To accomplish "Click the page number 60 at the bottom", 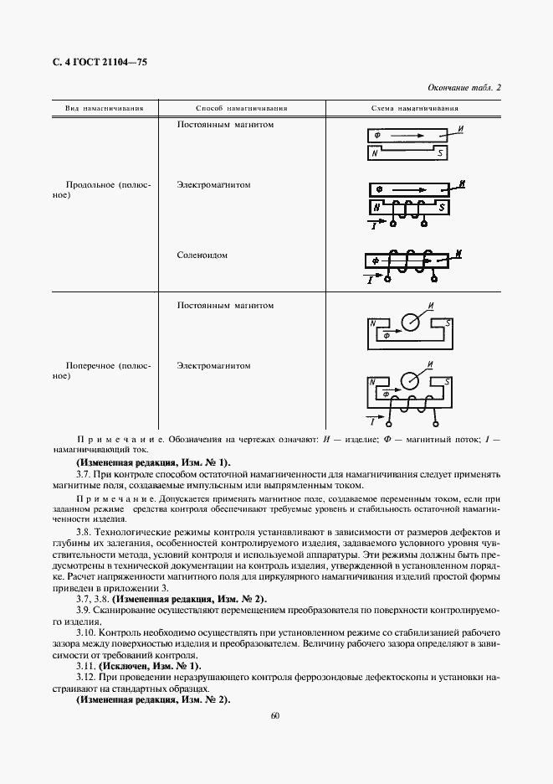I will (x=275, y=716).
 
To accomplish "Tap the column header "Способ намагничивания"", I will (x=242, y=109).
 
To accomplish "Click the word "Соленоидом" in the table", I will (x=202, y=255).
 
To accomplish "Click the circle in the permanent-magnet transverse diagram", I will (x=412, y=323).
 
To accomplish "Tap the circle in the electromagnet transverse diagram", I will (x=411, y=380).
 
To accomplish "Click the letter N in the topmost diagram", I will (x=376, y=153).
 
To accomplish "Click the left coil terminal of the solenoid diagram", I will (x=387, y=280).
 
